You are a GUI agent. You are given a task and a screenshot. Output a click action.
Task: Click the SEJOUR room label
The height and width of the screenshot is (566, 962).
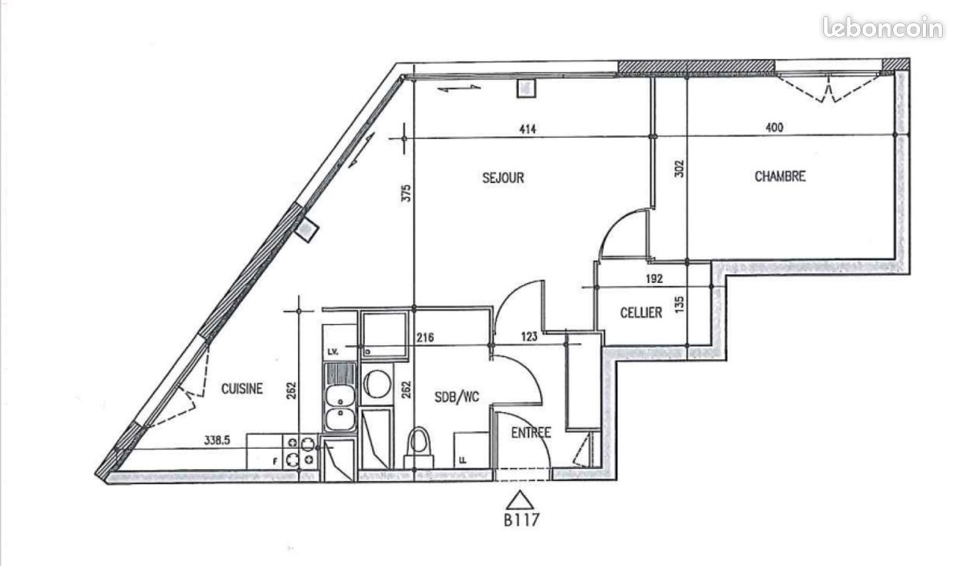[503, 178]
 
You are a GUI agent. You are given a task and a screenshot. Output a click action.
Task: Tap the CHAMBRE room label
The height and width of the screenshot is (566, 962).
[780, 176]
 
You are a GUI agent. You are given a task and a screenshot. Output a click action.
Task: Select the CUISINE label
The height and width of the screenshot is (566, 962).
[242, 389]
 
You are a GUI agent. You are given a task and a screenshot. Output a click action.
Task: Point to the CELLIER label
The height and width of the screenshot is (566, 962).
[641, 313]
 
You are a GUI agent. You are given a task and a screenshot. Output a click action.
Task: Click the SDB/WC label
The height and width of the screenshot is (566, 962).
[456, 397]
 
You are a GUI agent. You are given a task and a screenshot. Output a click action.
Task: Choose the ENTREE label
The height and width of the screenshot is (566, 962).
[532, 432]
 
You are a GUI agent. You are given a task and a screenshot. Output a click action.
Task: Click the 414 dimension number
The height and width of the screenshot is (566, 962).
[527, 129]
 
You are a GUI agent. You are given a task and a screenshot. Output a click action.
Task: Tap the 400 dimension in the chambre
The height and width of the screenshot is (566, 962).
[774, 127]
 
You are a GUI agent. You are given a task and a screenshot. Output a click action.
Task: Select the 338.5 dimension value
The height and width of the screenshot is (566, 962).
[217, 440]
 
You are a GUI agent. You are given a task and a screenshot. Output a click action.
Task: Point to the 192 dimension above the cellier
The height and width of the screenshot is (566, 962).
[654, 279]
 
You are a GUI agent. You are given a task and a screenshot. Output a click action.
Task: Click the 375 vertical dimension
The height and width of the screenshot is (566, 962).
[406, 193]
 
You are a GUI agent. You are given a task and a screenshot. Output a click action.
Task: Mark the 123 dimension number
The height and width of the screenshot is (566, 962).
[529, 337]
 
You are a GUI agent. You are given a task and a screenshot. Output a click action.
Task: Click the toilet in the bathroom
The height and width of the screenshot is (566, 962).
[418, 447]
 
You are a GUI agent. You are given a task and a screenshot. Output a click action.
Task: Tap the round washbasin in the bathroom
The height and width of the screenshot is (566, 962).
[377, 384]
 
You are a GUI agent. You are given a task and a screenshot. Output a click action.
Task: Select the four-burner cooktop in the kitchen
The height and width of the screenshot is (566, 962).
[300, 451]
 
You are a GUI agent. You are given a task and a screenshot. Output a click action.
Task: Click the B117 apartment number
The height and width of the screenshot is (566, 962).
[521, 520]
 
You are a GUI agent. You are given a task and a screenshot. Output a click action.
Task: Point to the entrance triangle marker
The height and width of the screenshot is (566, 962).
[520, 500]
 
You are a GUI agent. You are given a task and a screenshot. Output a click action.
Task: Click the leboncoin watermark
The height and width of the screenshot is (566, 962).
[883, 28]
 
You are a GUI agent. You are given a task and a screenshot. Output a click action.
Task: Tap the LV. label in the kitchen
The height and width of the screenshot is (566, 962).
[333, 352]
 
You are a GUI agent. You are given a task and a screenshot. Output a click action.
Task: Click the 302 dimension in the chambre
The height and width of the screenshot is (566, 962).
[679, 169]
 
